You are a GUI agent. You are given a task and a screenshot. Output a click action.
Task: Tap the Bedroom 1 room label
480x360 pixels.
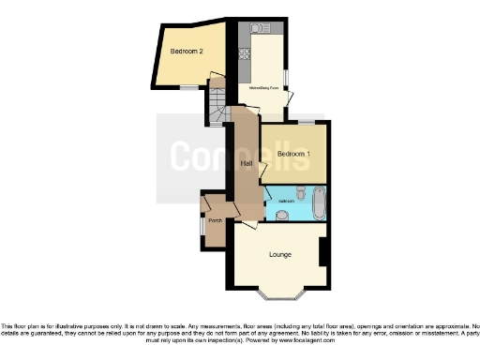293,152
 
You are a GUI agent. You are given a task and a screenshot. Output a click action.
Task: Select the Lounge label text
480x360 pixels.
280,254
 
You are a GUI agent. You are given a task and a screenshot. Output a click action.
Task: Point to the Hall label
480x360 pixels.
247,164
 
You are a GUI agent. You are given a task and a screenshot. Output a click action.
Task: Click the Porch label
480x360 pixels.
215,221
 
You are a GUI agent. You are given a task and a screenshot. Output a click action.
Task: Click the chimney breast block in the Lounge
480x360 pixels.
322,251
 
